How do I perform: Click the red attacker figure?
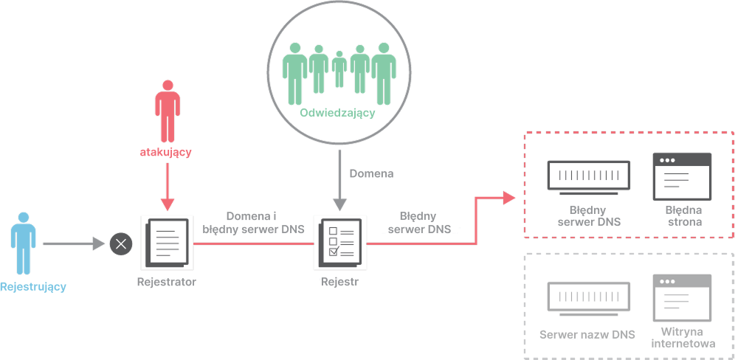point(168,111)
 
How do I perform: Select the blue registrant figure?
point(24,243)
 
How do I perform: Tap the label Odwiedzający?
point(337,113)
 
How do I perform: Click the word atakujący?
point(165,153)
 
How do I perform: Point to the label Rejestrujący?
point(32,287)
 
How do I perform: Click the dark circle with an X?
point(121,243)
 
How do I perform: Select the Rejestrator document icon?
point(167,243)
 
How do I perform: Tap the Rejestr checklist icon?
point(340,243)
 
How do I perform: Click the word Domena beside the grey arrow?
point(372,174)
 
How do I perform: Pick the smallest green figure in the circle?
point(339,69)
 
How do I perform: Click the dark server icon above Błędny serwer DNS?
point(589,178)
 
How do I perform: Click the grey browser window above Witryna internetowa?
point(683,297)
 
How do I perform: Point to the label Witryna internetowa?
point(683,338)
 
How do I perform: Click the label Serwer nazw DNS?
point(587,335)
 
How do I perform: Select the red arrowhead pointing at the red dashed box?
point(509,198)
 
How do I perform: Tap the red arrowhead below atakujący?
point(168,204)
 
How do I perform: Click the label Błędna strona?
point(684,215)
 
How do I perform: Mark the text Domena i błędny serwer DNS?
point(254,223)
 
